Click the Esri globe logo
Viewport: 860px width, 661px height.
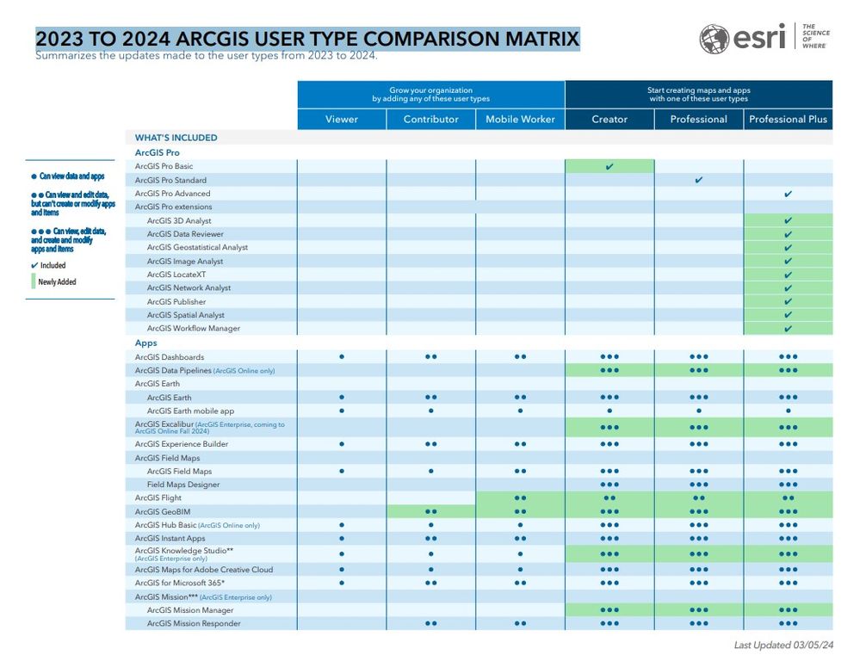715,39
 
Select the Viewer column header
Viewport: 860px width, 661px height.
342,119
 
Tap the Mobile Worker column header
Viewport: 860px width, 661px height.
520,119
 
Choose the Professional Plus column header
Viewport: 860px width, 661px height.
788,119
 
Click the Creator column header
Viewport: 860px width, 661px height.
609,119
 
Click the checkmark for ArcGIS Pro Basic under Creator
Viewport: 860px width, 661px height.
609,166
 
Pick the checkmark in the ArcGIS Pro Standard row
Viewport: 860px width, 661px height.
699,180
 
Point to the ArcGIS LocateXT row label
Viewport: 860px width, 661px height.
176,275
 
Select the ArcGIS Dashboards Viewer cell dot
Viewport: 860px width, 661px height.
342,356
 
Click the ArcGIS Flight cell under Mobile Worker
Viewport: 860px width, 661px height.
520,498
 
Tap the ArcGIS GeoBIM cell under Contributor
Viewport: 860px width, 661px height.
431,511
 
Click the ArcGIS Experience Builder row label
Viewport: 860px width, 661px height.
181,444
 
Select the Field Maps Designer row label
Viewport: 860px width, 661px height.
183,485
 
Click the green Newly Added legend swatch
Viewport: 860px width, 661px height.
34,281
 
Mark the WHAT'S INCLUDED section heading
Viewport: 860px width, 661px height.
176,138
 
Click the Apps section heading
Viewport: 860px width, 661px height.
145,343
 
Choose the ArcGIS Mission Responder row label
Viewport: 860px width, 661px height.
194,623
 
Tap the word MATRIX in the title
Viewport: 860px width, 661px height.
535,40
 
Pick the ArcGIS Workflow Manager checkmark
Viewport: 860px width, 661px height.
788,329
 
